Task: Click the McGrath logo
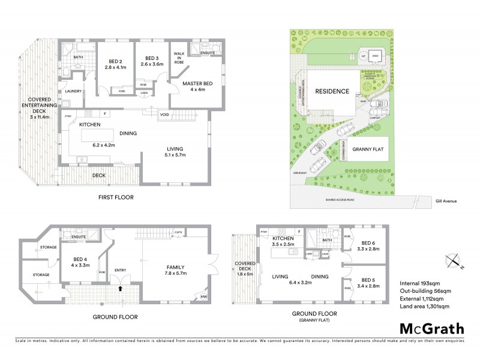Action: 430,329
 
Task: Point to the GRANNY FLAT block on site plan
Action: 367,149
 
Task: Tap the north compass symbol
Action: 454,261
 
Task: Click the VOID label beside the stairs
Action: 164,114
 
